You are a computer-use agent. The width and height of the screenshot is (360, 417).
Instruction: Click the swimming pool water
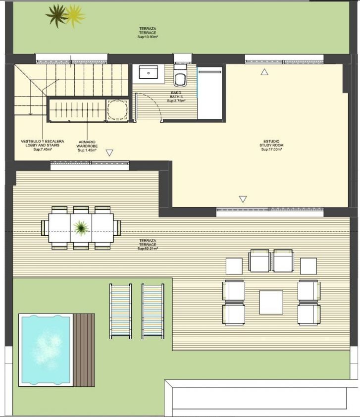(46, 350)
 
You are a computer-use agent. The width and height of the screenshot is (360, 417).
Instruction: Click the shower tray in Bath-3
(210, 93)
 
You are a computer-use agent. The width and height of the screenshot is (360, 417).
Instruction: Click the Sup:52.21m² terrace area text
(148, 249)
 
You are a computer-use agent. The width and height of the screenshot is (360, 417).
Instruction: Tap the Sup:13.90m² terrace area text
(148, 37)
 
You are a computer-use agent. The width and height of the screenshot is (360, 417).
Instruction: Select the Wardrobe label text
(87, 146)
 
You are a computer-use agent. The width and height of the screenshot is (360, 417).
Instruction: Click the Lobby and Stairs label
(43, 145)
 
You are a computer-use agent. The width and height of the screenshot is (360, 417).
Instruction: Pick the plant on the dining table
(81, 228)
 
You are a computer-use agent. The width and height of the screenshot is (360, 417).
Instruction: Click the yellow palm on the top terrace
(75, 15)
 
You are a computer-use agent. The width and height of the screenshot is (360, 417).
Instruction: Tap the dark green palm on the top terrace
(57, 16)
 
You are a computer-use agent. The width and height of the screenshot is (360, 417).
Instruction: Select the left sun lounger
(121, 311)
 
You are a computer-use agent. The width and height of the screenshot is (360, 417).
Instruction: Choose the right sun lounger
(153, 311)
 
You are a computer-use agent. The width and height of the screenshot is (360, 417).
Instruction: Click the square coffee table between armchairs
(271, 303)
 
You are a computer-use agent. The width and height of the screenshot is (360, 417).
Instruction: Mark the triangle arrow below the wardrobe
(109, 153)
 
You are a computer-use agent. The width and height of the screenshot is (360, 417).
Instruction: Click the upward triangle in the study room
(264, 72)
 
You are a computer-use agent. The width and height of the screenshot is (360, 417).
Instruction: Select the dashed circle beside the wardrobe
(117, 110)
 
